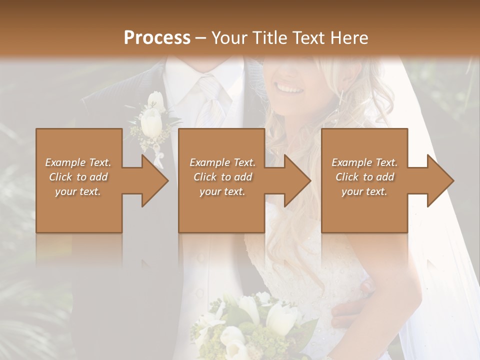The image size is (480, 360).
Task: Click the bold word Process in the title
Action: coord(157,37)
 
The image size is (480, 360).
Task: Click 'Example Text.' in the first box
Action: coord(78,162)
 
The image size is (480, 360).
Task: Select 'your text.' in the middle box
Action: coord(222,191)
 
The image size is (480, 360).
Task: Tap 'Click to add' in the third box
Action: coord(364,177)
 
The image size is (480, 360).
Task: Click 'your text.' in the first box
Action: coord(78,191)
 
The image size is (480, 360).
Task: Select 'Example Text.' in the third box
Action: coord(364,162)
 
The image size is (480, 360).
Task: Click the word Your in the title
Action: coord(229,37)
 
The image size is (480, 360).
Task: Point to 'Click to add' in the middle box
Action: coord(222,177)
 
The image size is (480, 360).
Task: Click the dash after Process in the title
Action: coord(200,37)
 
